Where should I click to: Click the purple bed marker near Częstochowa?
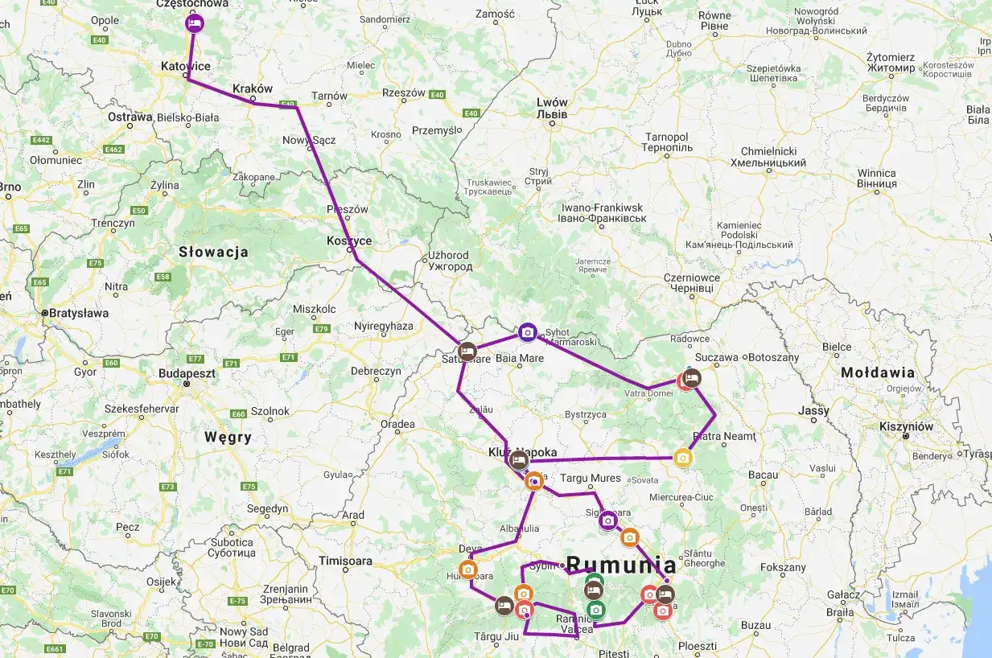click(x=194, y=23)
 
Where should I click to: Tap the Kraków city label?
click(x=253, y=88)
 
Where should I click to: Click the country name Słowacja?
click(x=213, y=253)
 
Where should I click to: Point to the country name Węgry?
click(x=228, y=438)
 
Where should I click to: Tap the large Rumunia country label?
click(x=621, y=564)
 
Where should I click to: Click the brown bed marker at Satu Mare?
click(x=467, y=352)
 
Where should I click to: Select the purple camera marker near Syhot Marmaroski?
click(x=527, y=331)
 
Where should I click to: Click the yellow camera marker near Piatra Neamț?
click(x=682, y=458)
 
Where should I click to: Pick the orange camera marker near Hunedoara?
click(x=468, y=569)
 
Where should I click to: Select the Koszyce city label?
click(x=349, y=241)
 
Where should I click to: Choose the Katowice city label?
click(x=186, y=66)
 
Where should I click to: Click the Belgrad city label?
click(x=291, y=648)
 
